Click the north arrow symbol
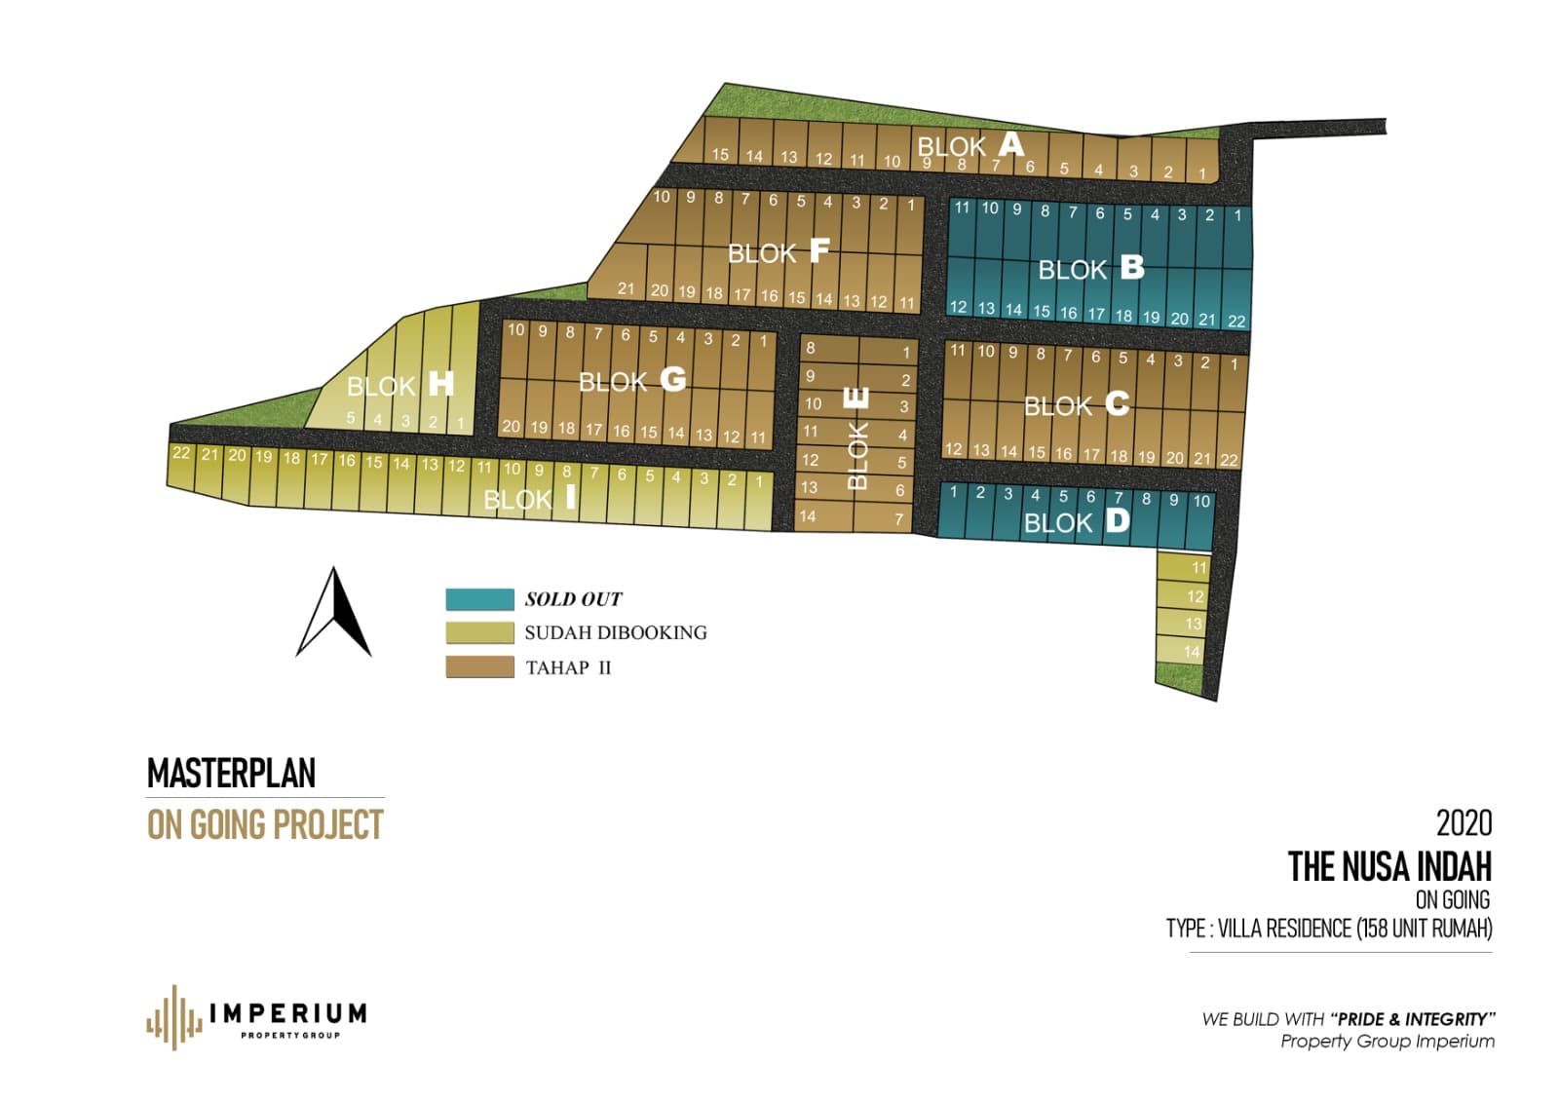333,614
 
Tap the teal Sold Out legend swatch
479,598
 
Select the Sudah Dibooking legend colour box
479,632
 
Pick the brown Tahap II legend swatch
479,666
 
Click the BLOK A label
970,146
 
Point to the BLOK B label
1090,268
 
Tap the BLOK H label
400,385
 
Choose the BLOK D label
1076,522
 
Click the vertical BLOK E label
856,439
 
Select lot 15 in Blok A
720,154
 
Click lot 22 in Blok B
1236,321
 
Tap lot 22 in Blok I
181,453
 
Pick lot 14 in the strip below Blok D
1192,652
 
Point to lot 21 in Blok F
626,288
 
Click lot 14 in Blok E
807,516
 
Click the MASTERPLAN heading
231,774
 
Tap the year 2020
1464,823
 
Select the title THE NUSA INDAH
1388,866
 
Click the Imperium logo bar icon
173,1017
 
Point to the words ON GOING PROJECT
265,825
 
